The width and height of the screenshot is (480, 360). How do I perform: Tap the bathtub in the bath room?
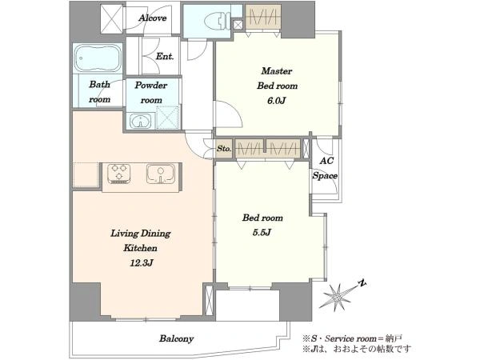click(x=98, y=58)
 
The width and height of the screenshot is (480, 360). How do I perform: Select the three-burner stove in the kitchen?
click(x=119, y=174)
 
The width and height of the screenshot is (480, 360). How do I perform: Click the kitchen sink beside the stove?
click(x=161, y=174)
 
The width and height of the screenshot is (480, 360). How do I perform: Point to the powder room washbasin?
click(x=140, y=121)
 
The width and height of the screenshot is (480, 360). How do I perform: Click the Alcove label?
click(x=153, y=18)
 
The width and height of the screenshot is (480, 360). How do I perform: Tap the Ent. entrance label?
click(x=165, y=56)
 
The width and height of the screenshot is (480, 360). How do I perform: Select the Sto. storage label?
click(x=224, y=149)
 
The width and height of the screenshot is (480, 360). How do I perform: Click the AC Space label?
click(x=325, y=168)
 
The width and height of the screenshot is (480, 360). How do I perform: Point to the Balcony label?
click(x=176, y=338)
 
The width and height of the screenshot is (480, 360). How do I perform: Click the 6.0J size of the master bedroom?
click(x=277, y=101)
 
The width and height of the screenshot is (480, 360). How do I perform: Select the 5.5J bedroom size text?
click(x=262, y=232)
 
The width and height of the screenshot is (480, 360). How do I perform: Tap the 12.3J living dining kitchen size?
click(x=141, y=262)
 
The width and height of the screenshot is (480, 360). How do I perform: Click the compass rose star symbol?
click(x=336, y=296)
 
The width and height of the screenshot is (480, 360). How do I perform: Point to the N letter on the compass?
click(x=362, y=283)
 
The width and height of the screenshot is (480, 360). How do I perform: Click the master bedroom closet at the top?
click(x=263, y=18)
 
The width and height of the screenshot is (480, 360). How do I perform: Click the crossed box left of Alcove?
click(x=113, y=18)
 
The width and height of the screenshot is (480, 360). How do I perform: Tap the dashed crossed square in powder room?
click(x=168, y=117)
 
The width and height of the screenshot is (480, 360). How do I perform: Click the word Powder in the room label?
click(x=151, y=85)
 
